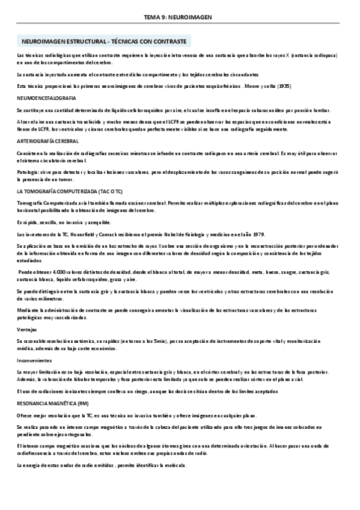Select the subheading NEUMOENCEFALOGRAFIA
tap(47, 97)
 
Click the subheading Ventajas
tap(28, 329)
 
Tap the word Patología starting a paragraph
tap(29, 173)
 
